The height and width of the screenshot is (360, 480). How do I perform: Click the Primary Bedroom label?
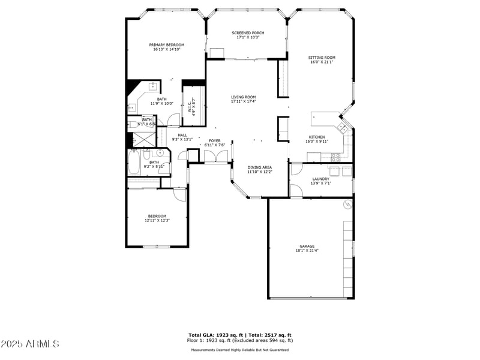(166, 45)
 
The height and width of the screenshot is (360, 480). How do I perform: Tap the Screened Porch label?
(247, 33)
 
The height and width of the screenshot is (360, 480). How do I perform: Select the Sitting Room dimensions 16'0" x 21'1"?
(322, 62)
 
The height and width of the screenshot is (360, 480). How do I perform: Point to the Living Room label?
(243, 97)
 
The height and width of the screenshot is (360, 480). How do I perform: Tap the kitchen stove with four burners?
(335, 157)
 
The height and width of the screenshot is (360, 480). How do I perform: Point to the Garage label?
(307, 246)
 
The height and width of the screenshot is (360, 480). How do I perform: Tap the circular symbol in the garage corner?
(346, 205)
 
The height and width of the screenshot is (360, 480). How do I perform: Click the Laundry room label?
(320, 179)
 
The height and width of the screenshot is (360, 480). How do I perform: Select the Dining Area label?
(260, 167)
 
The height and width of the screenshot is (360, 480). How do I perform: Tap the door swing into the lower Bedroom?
(180, 193)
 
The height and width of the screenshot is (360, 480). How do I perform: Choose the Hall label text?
(182, 135)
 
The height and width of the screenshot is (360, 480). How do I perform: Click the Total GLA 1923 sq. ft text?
(217, 335)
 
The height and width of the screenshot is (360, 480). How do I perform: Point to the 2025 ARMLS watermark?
(30, 344)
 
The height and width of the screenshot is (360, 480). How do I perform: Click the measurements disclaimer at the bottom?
(240, 350)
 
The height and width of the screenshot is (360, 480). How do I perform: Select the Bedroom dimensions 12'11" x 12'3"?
(157, 220)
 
